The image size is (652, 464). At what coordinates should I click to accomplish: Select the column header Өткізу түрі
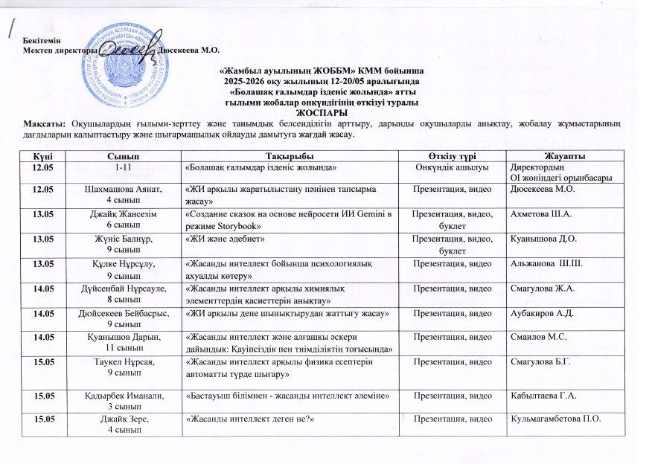point(452,154)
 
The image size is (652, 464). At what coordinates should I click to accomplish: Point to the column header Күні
point(42,154)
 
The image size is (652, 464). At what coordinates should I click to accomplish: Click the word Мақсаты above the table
point(42,121)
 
